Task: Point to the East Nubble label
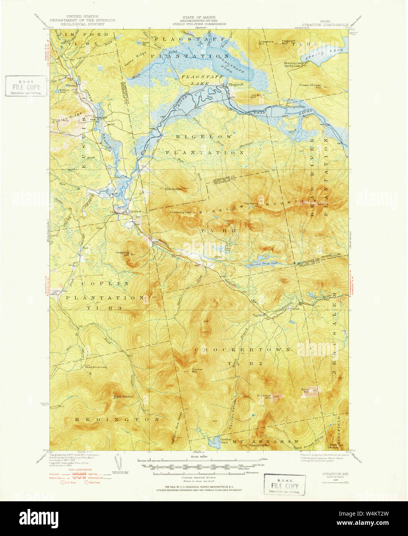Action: (173, 189)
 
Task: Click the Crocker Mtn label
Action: (197, 371)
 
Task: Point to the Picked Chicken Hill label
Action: (313, 86)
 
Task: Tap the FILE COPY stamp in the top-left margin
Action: (25, 86)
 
